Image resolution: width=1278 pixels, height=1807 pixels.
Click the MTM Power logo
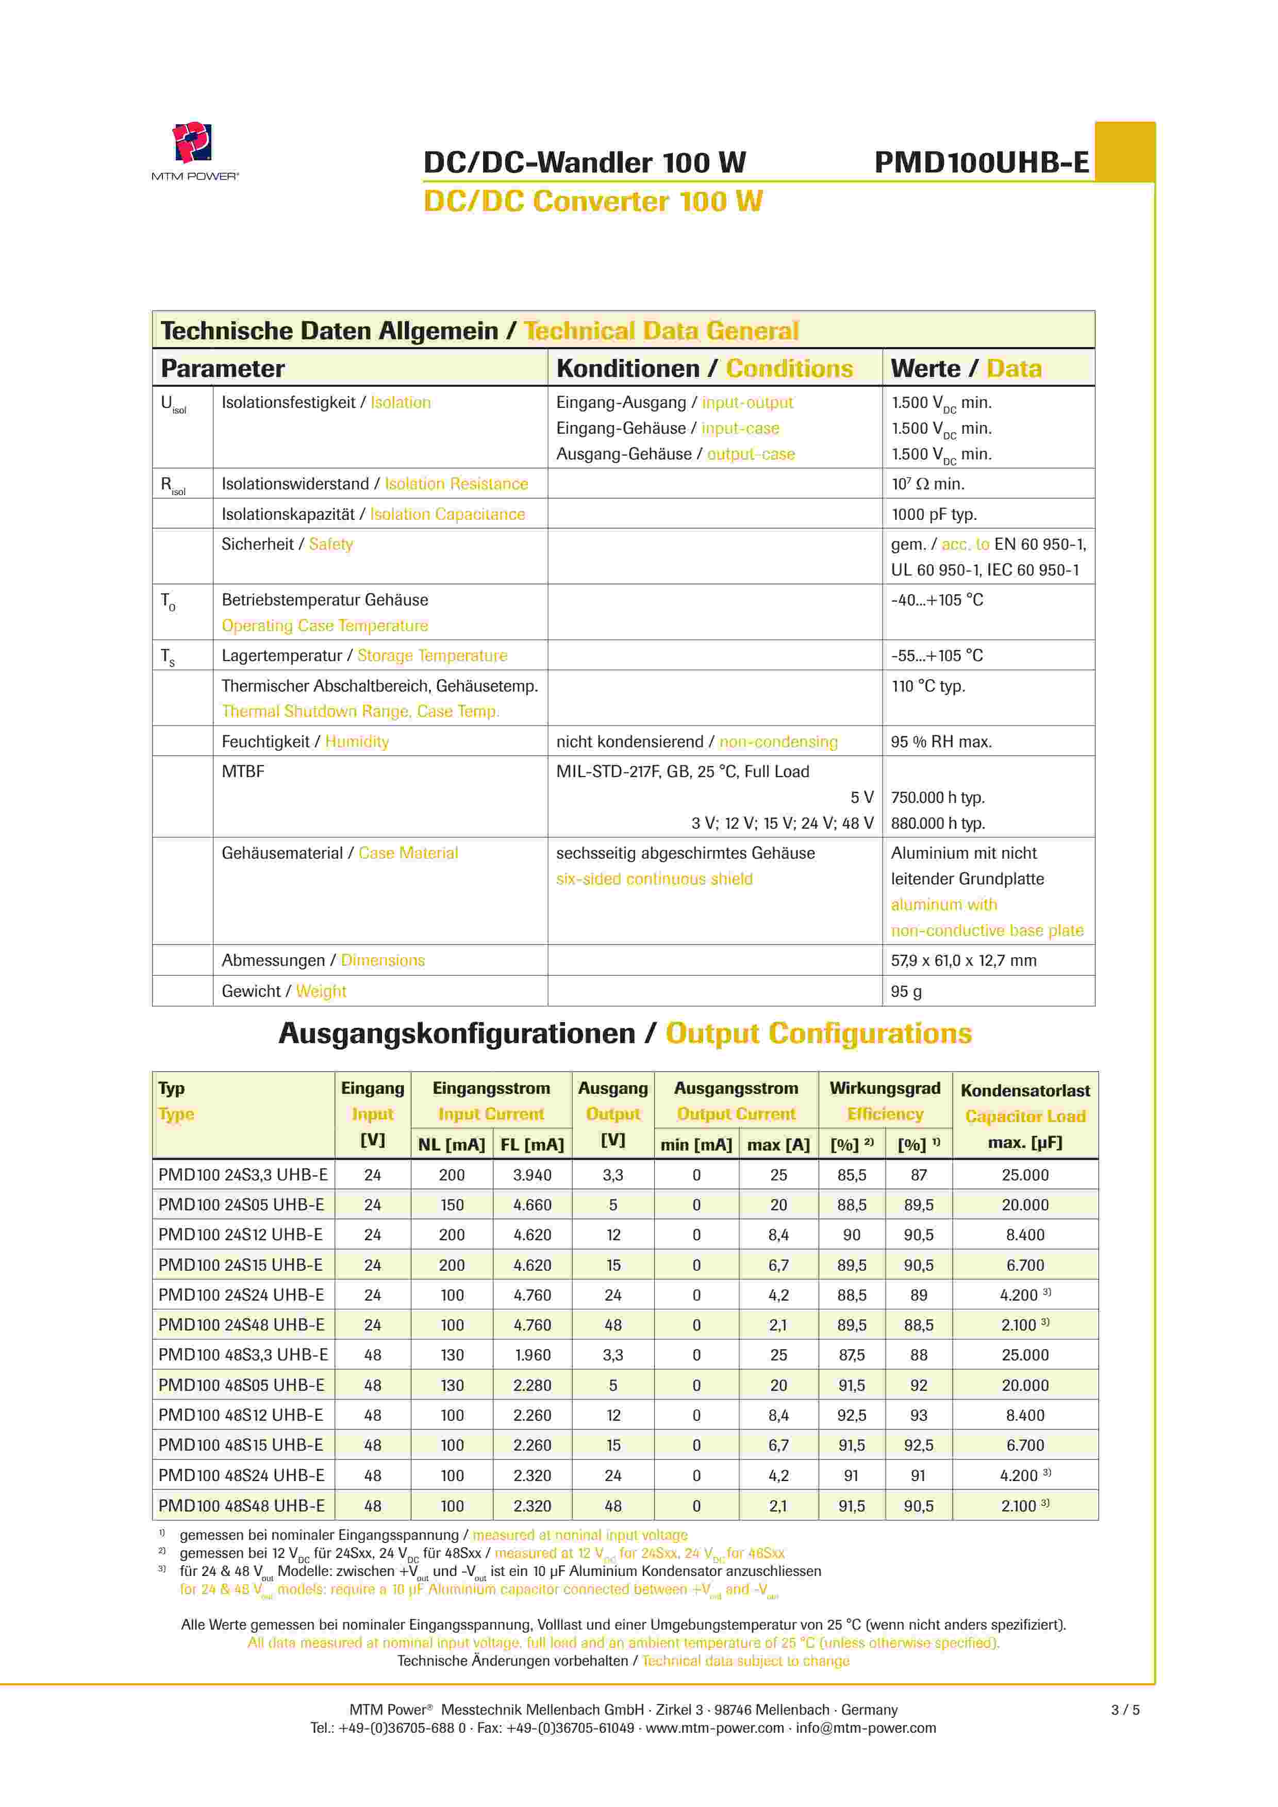coord(194,150)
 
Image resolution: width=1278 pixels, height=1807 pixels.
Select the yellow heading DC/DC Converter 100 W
coord(592,202)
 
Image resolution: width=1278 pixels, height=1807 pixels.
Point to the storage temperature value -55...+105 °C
coord(937,655)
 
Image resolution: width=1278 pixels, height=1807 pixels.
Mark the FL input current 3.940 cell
coord(532,1175)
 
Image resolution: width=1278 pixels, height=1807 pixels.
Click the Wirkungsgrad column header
coord(885,1089)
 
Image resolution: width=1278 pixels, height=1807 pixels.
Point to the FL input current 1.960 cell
coord(532,1355)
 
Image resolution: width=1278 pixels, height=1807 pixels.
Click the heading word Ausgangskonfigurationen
coord(456,1033)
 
